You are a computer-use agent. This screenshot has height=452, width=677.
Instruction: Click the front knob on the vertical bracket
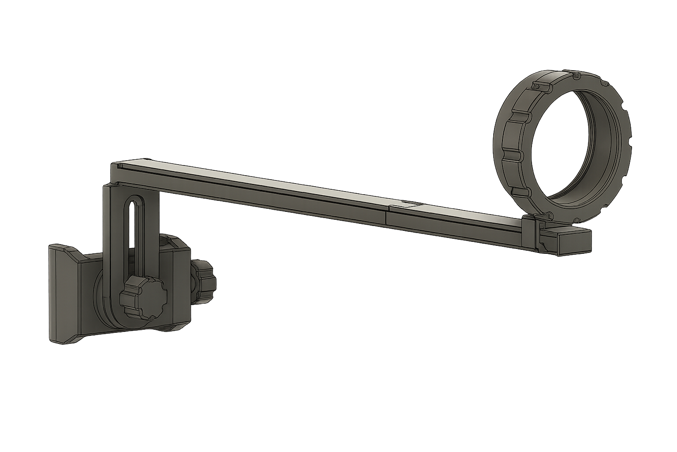[x=142, y=297]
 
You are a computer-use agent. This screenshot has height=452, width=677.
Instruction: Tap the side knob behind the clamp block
[x=203, y=280]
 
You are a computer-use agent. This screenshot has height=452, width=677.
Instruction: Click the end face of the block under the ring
[x=575, y=243]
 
